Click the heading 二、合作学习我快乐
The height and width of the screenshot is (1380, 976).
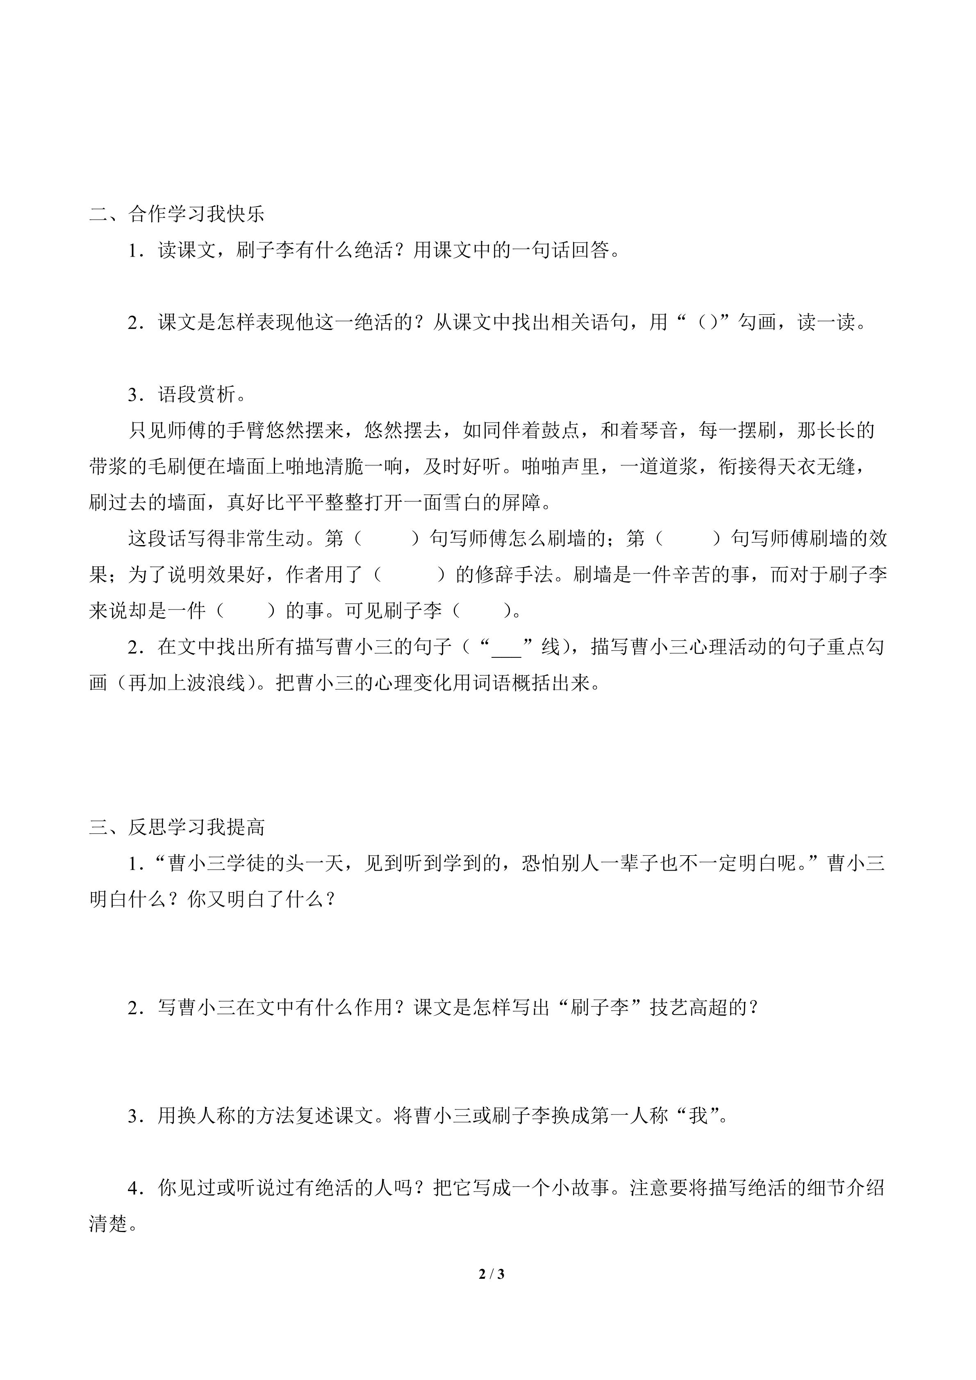(177, 214)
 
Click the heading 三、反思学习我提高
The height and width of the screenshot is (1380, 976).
(177, 827)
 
